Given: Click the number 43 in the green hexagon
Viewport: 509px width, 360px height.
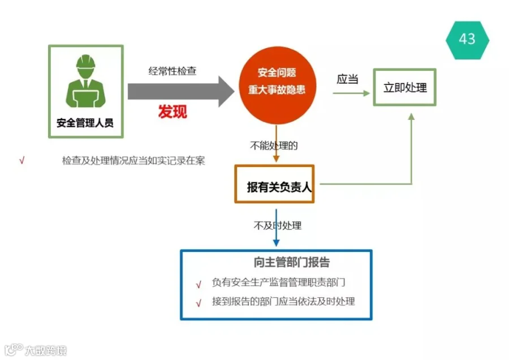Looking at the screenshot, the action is click(467, 39).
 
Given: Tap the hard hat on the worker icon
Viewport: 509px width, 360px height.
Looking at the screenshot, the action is click(86, 61).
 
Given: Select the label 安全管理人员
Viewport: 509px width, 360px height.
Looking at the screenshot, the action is click(85, 123).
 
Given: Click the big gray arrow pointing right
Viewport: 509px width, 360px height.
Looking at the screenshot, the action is click(181, 92).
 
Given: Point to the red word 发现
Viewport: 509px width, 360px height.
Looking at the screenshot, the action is click(172, 112).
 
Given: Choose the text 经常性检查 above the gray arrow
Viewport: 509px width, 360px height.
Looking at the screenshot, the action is click(172, 71).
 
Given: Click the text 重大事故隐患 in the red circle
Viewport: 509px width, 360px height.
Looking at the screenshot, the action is click(277, 89).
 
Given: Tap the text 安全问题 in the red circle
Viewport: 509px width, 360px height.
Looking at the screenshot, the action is click(277, 72).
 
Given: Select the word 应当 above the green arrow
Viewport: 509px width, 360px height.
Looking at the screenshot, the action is click(347, 79).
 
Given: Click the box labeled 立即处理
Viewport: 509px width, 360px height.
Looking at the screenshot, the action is click(404, 87).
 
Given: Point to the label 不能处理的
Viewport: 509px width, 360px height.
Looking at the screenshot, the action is click(274, 145).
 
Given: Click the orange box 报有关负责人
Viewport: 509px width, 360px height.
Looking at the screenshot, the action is click(274, 184).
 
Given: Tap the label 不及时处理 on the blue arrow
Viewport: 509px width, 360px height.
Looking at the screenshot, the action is click(278, 225).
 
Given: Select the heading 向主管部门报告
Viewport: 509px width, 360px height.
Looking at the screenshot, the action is click(291, 262).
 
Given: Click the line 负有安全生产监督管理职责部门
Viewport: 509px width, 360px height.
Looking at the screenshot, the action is click(278, 282).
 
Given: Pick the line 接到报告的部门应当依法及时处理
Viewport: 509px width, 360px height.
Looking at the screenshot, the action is click(283, 301).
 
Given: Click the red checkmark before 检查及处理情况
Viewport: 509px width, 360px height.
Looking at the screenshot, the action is click(22, 160).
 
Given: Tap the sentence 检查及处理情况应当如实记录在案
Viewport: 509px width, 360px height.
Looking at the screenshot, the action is click(133, 161).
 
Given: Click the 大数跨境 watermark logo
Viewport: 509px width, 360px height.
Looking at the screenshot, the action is click(36, 350).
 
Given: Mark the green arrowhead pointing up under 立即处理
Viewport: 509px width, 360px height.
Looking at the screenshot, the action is click(411, 117).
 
